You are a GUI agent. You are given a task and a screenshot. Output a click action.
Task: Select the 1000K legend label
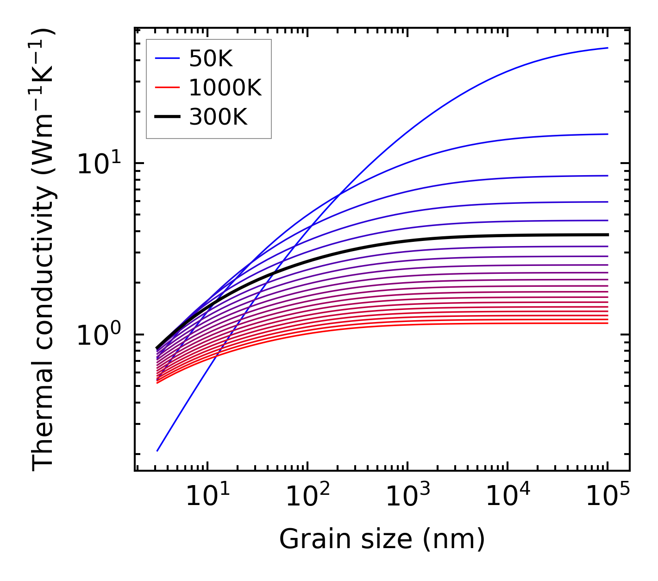[225, 88]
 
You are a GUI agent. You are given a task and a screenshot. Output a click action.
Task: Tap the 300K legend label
[218, 117]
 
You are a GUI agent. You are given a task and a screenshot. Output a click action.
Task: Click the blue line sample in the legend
[167, 58]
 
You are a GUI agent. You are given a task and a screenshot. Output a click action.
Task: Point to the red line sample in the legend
[167, 88]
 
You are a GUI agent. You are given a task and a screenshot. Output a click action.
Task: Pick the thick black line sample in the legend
[167, 117]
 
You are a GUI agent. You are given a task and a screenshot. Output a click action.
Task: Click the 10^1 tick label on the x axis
[207, 497]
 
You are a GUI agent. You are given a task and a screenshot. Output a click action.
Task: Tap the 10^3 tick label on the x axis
[407, 497]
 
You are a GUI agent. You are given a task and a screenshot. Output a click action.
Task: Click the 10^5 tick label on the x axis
[607, 497]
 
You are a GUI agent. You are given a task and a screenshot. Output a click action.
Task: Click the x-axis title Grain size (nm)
[382, 539]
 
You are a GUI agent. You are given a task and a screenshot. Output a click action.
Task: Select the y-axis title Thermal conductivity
[43, 250]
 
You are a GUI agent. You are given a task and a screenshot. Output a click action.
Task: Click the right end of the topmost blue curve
[607, 48]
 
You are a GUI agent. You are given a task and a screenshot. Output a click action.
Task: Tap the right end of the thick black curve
[607, 235]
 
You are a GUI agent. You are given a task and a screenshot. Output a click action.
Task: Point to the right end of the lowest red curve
[607, 323]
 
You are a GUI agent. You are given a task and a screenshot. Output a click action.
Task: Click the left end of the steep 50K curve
[157, 451]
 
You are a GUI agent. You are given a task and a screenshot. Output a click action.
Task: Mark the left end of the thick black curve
[157, 347]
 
